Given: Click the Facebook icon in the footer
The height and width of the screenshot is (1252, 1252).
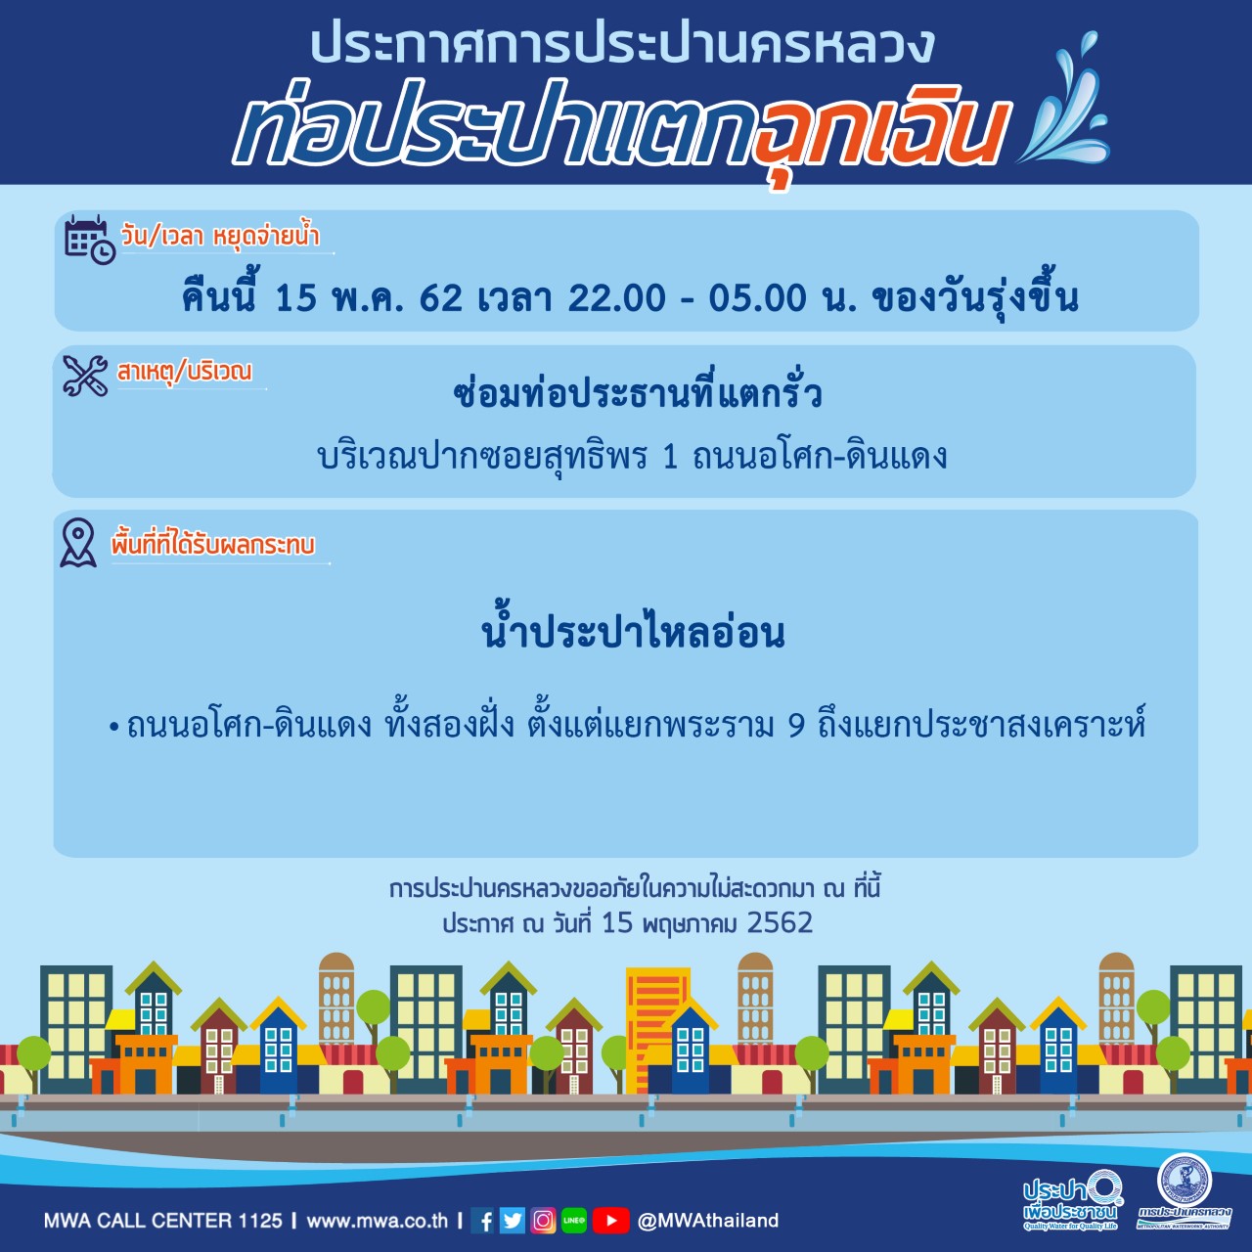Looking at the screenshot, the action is click(x=482, y=1220).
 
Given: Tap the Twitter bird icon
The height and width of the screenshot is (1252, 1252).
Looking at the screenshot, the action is click(x=512, y=1220).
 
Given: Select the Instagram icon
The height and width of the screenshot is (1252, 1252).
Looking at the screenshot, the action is click(x=543, y=1220).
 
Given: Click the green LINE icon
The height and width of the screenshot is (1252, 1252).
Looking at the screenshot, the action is click(x=574, y=1220).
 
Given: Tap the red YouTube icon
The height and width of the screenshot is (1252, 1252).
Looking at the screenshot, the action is click(x=610, y=1220).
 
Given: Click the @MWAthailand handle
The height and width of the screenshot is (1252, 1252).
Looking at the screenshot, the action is click(x=707, y=1220).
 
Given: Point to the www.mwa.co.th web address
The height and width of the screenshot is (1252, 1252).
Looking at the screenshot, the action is click(x=377, y=1220).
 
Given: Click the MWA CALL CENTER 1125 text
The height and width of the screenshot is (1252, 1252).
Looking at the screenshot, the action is click(x=163, y=1220).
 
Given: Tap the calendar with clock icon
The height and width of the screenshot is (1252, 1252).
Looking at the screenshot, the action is click(x=90, y=239).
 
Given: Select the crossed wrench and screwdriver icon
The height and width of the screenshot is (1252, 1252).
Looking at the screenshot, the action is click(x=85, y=375).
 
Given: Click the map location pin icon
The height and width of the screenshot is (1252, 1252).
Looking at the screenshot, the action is click(x=78, y=543).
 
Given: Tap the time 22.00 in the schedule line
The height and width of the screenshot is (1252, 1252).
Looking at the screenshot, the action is click(x=616, y=298).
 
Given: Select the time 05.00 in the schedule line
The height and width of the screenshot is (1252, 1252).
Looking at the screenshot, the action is click(x=757, y=298).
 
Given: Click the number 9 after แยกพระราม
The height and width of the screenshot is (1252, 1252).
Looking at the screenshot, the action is click(x=796, y=727).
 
